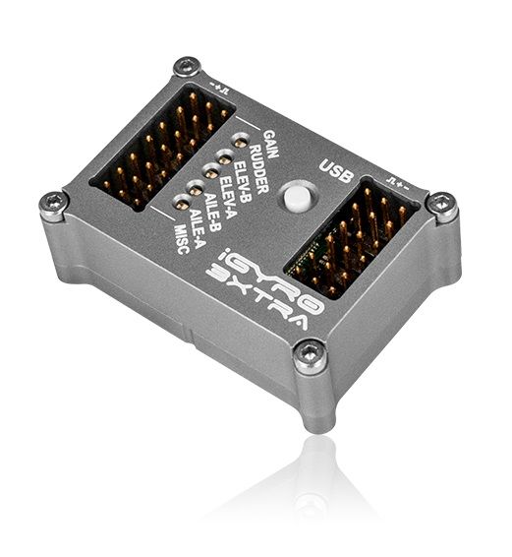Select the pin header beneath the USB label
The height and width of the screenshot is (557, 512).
click(x=352, y=236)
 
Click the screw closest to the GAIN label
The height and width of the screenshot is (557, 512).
click(x=187, y=68)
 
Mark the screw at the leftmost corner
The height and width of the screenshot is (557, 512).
click(x=53, y=204)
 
